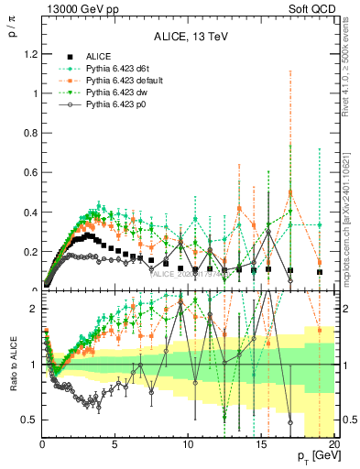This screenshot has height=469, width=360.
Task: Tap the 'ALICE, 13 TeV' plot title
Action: tap(189, 37)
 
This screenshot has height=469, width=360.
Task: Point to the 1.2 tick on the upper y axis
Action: tap(28, 54)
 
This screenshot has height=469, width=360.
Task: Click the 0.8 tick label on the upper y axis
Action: tap(28, 133)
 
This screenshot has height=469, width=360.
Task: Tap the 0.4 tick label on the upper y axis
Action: tap(28, 212)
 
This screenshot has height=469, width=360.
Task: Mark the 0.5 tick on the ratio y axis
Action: tap(28, 420)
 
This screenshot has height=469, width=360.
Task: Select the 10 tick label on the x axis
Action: tap(187, 444)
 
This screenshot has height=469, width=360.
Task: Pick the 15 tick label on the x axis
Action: tap(260, 444)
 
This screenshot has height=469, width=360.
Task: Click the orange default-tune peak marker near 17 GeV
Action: tap(290, 192)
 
